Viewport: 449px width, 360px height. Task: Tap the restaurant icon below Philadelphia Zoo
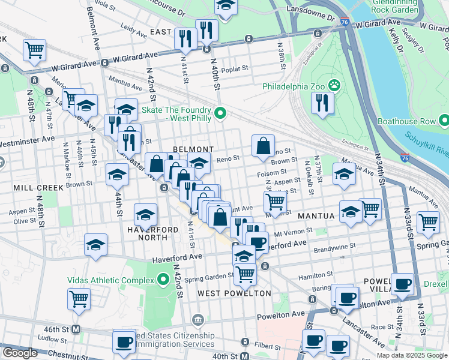322,103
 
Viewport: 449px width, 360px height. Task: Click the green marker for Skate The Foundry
220,112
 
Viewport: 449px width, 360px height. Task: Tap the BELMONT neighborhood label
193,149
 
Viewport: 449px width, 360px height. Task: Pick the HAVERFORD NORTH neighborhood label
148,233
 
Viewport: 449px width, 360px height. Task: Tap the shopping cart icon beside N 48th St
34,50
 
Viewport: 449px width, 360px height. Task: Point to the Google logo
20,353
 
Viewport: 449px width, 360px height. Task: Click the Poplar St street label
236,69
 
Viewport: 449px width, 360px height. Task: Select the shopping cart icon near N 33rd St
428,222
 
